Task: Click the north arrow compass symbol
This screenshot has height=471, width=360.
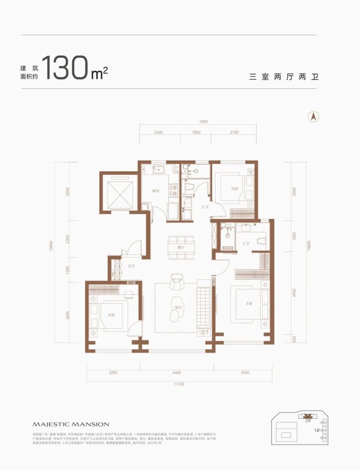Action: pos(314,116)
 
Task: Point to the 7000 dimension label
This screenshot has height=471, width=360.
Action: pos(203,122)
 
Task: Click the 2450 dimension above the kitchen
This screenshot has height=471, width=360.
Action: pos(159,133)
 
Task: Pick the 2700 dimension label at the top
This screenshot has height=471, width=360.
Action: pos(235,133)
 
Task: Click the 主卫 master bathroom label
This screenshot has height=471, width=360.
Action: pos(246,244)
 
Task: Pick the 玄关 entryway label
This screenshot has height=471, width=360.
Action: pos(131,266)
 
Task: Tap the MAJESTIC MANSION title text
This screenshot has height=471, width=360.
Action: pos(71,424)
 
